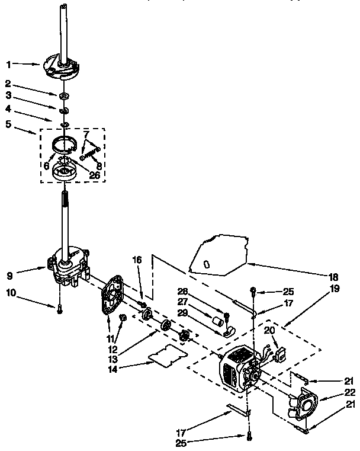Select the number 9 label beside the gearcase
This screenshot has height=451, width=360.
click(x=8, y=275)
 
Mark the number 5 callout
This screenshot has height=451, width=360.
click(x=8, y=125)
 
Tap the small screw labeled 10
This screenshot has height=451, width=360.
click(x=59, y=308)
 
